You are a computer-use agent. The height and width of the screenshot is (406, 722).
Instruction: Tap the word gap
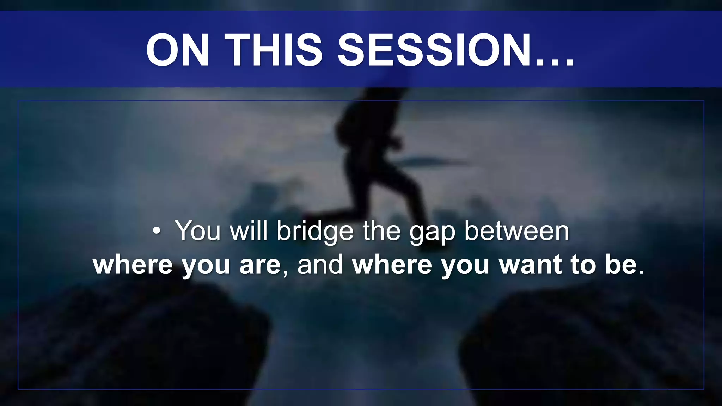pos(432,233)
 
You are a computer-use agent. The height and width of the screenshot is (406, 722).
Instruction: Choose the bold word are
pos(260,265)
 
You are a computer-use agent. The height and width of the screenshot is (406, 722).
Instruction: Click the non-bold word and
pos(320,265)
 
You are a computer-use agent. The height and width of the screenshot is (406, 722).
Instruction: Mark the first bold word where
pos(133,265)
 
